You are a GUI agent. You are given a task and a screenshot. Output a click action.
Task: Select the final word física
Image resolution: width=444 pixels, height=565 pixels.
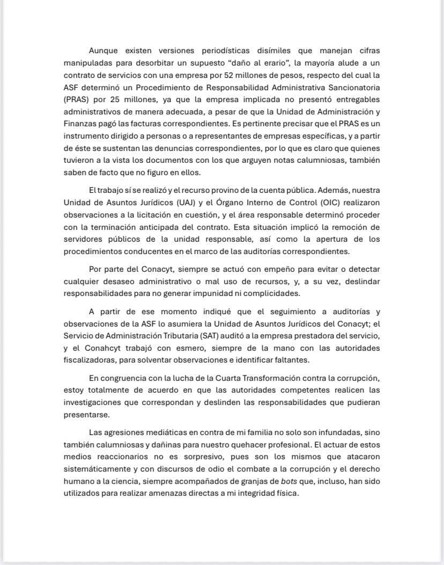click(x=285, y=493)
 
